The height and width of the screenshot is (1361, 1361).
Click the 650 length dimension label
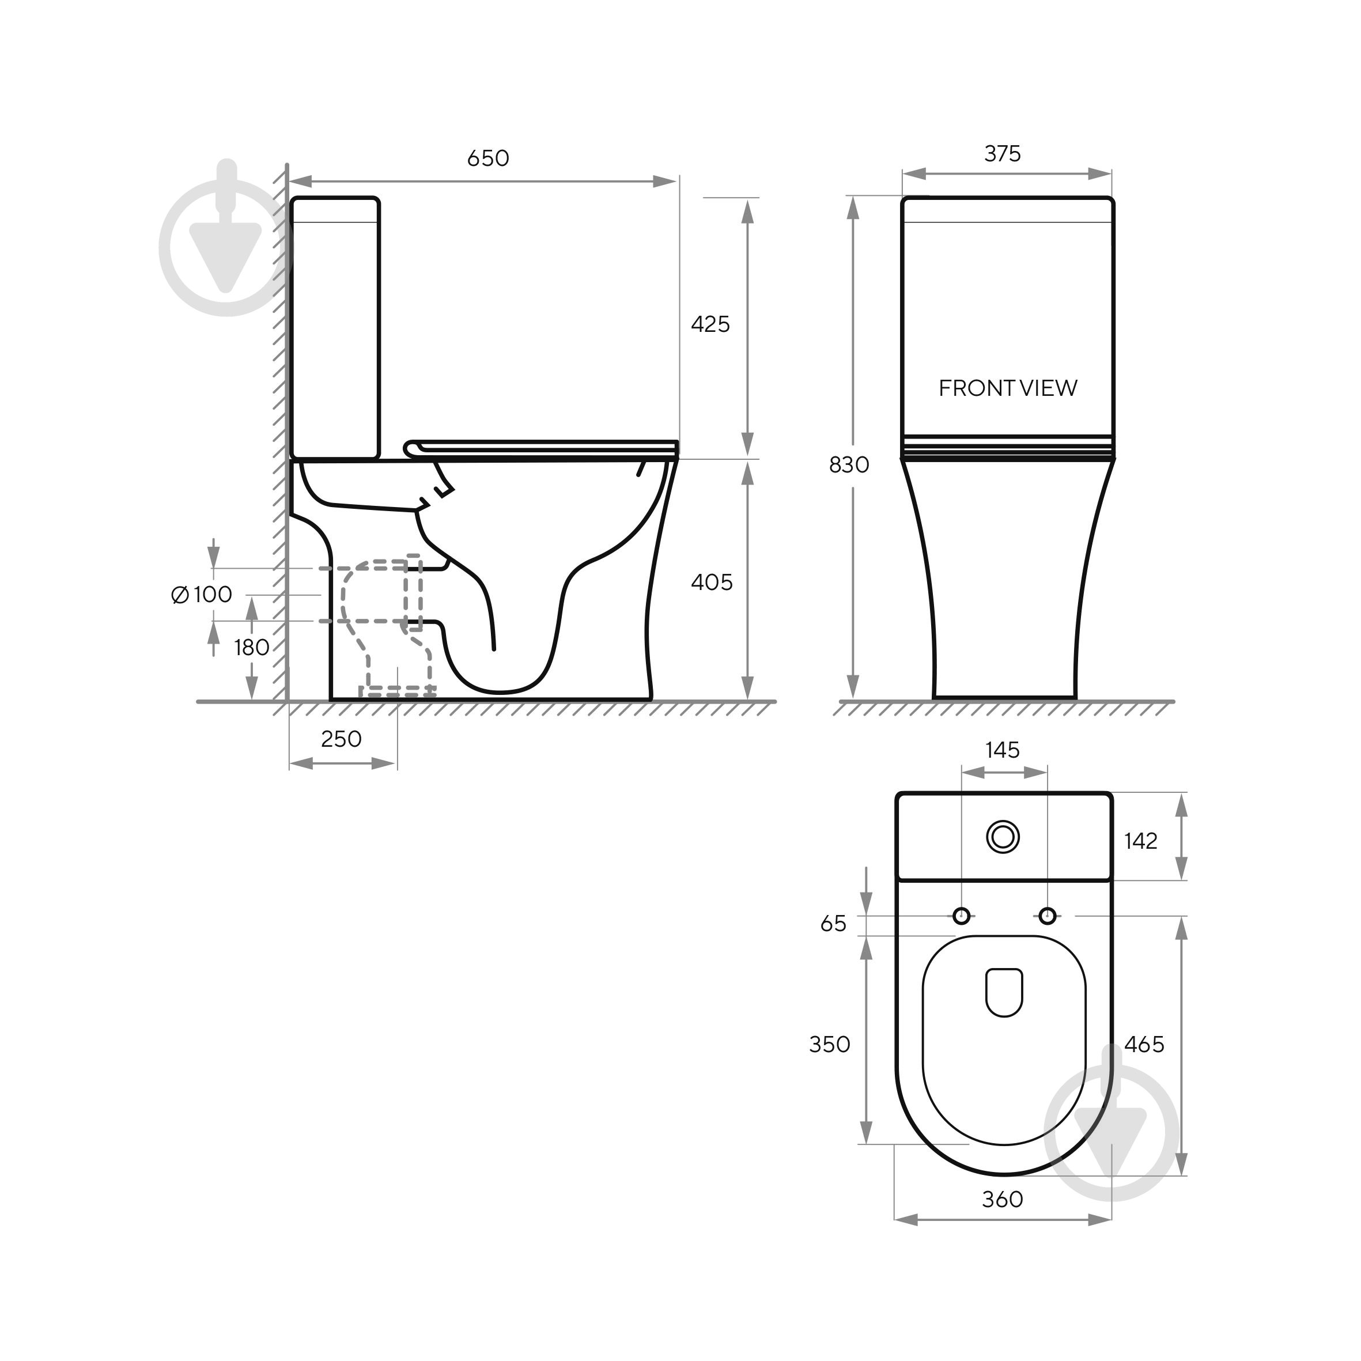click(x=488, y=158)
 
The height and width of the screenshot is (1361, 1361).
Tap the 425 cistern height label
click(x=710, y=324)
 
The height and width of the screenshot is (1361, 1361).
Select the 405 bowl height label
click(x=712, y=582)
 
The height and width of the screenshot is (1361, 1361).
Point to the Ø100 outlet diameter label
click(x=202, y=595)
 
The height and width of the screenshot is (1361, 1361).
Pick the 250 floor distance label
click(x=341, y=739)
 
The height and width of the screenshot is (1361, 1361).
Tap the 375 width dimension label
click(x=1003, y=154)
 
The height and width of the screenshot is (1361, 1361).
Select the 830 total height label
click(x=849, y=465)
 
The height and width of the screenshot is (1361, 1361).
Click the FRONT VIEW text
click(x=1008, y=388)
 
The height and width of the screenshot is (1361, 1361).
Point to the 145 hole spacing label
click(x=1003, y=750)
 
